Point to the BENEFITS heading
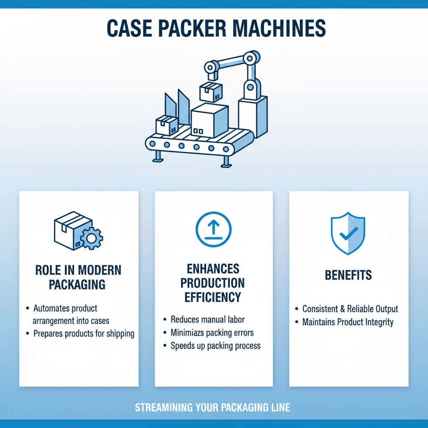348,275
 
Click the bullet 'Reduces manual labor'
208,320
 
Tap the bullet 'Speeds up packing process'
215,346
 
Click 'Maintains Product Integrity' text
348,322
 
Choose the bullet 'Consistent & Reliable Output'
350,309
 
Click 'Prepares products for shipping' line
84,334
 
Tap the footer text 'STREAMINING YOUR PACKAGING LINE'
212,408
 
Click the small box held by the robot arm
211,92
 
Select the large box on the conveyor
209,121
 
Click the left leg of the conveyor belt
158,156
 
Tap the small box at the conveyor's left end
166,125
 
